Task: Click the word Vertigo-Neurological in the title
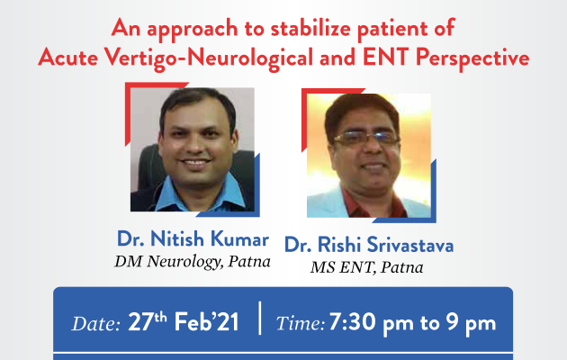(209, 58)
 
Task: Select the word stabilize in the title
(310, 28)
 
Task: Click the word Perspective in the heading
(472, 58)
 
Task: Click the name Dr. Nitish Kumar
(193, 238)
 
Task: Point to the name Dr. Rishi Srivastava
(369, 244)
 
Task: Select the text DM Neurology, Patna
(193, 262)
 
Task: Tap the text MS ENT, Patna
(366, 267)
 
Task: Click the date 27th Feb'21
(184, 321)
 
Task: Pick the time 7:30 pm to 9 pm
(412, 322)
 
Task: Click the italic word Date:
(95, 323)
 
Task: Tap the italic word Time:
(300, 323)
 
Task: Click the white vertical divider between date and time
(259, 318)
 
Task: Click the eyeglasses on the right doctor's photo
(366, 138)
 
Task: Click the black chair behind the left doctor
(145, 170)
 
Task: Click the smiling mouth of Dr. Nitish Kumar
(195, 164)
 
